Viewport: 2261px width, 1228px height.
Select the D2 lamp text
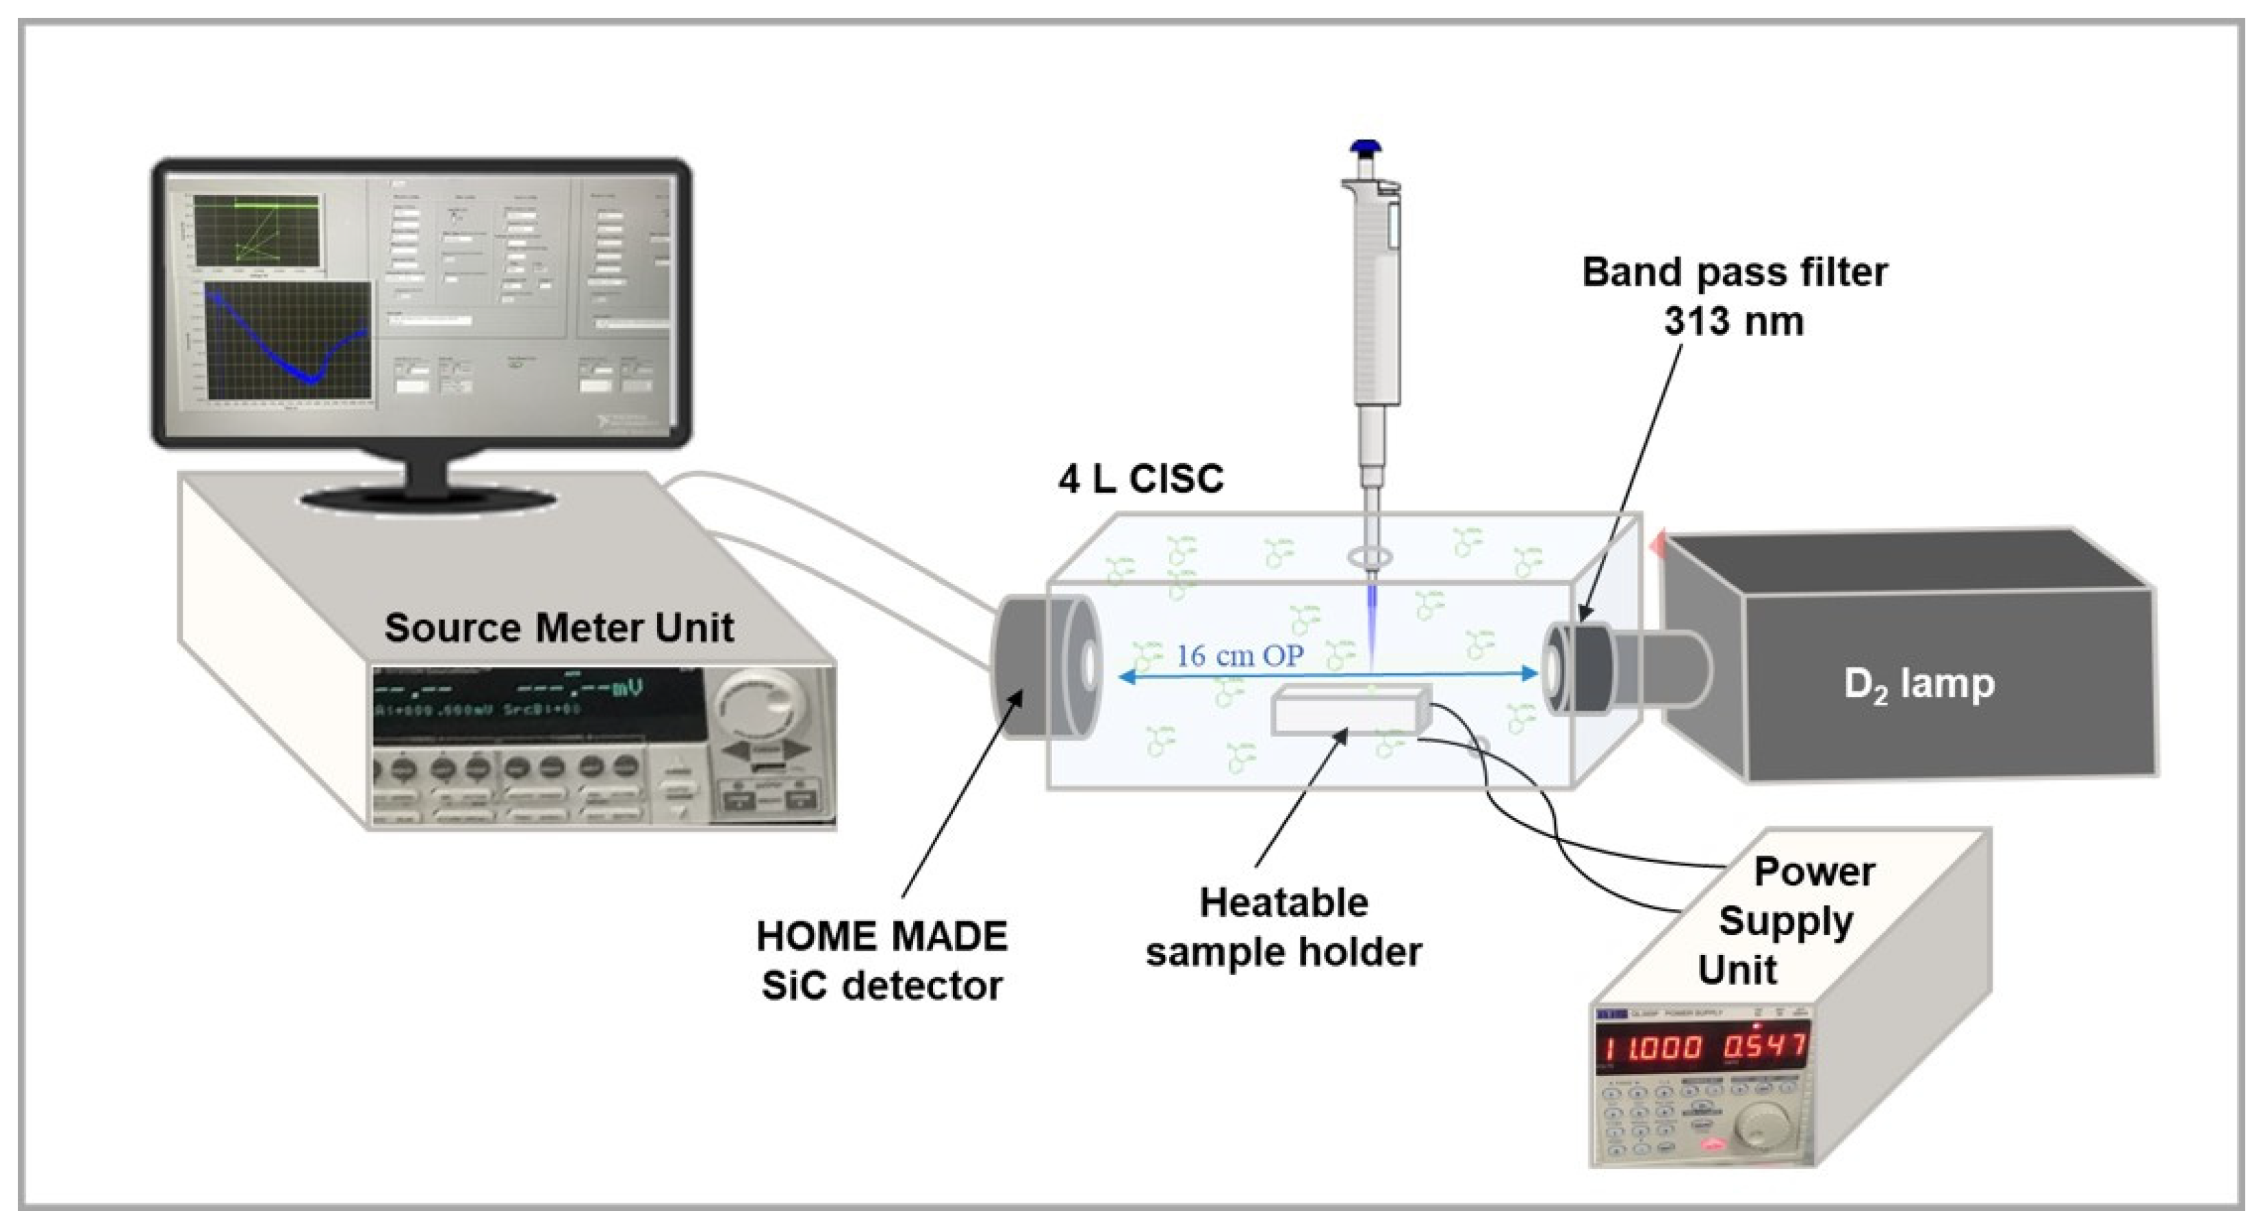coord(1919,684)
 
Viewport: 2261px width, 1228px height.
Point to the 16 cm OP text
coord(1239,656)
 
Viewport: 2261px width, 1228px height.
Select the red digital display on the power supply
coord(1703,1047)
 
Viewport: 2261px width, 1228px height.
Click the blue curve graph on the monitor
coord(287,343)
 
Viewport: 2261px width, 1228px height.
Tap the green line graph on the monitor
coord(256,230)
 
